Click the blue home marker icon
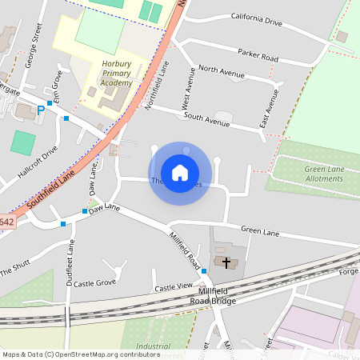pyautogui.click(x=180, y=172)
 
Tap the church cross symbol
pyautogui.click(x=226, y=262)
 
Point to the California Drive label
pyautogui.click(x=257, y=19)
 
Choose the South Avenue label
pyautogui.click(x=206, y=116)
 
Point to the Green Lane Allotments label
pyautogui.click(x=324, y=174)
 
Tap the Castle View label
pyautogui.click(x=174, y=286)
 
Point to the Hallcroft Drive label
pyautogui.click(x=38, y=162)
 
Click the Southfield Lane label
pyautogui.click(x=52, y=185)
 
